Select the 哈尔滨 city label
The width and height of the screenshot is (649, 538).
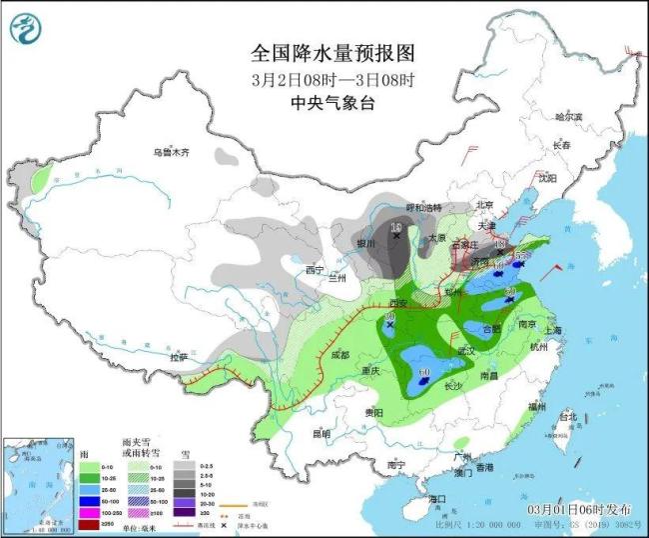click(567, 117)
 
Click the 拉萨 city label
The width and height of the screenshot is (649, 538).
click(179, 357)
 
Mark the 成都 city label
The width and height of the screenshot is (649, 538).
click(338, 354)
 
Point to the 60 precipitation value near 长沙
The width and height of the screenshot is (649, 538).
click(424, 372)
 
